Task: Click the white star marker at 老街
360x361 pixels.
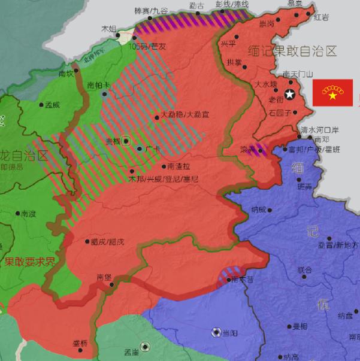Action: click(x=291, y=94)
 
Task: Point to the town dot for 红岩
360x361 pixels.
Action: click(x=311, y=18)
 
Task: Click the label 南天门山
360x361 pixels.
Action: click(x=298, y=74)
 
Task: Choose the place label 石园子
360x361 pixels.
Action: click(x=279, y=112)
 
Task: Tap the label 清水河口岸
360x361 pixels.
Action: click(x=320, y=129)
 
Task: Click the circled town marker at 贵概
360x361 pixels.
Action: click(x=126, y=142)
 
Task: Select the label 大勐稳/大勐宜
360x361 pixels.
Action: click(x=185, y=114)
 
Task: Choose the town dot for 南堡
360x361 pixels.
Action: click(x=112, y=284)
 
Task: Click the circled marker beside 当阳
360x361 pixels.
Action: click(x=216, y=332)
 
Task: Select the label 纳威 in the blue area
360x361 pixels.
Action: click(x=259, y=210)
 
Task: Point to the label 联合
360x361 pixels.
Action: click(x=305, y=270)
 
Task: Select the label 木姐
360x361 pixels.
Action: click(x=108, y=28)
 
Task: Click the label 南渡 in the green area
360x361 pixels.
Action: click(x=28, y=213)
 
